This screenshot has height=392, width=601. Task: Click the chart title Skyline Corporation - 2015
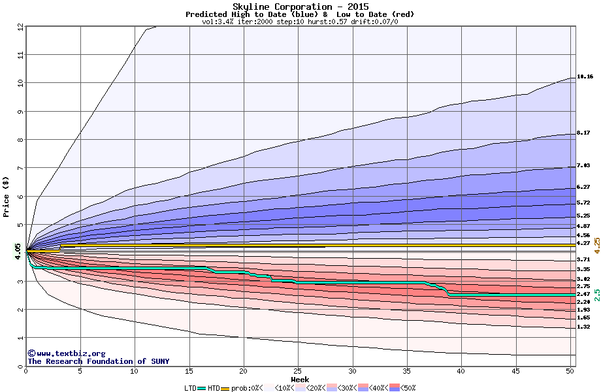pos(300,7)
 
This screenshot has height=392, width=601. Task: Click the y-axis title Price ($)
pos(7,197)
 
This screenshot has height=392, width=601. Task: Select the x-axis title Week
pos(300,380)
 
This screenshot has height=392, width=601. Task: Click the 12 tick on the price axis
pos(20,27)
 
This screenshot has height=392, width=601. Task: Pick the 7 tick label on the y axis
pos(20,168)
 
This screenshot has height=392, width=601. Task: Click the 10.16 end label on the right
pos(585,77)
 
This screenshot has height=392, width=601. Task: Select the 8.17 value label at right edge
pos(583,133)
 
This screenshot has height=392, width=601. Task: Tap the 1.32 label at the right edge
pos(583,327)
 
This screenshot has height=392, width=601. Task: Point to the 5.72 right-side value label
pos(583,203)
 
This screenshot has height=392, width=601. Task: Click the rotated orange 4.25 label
pos(596,245)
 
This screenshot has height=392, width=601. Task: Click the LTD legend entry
pos(191,388)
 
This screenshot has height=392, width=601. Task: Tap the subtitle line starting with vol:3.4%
pos(300,22)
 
